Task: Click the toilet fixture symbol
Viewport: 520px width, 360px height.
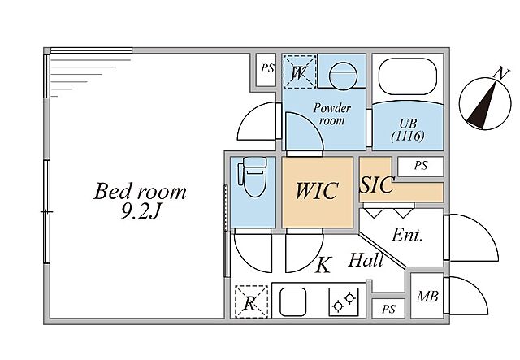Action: click(x=253, y=177)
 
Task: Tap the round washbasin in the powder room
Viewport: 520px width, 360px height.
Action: click(x=343, y=76)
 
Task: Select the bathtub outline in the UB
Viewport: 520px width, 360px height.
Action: click(x=408, y=77)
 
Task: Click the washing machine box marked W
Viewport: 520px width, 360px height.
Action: click(x=299, y=72)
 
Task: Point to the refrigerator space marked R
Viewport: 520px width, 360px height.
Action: click(x=251, y=301)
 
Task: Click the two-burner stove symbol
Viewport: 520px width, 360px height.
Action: click(x=344, y=301)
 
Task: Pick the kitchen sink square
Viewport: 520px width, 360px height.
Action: click(x=292, y=301)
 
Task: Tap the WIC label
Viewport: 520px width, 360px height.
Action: click(x=317, y=191)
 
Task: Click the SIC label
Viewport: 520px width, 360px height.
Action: click(x=377, y=184)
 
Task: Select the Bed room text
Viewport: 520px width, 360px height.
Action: click(x=140, y=192)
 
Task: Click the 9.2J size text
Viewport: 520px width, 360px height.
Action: click(x=141, y=211)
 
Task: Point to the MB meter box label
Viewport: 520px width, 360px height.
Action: click(x=427, y=297)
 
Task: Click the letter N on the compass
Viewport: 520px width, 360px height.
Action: click(x=501, y=73)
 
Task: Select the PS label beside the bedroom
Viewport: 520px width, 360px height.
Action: click(x=267, y=69)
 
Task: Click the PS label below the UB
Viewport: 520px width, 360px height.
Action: click(x=421, y=165)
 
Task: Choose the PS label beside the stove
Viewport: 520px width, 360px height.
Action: click(x=388, y=310)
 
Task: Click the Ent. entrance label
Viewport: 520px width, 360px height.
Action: click(x=407, y=236)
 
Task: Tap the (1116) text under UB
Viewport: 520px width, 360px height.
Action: click(x=408, y=136)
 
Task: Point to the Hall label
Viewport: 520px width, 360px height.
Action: click(x=366, y=260)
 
